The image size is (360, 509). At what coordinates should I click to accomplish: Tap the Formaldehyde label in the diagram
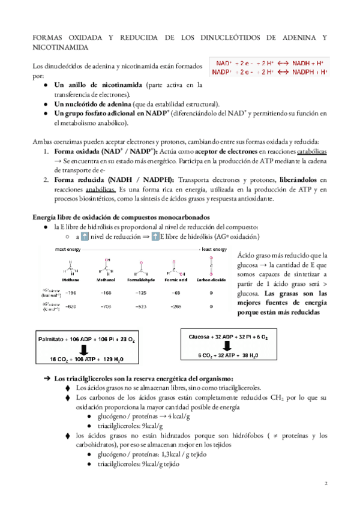pyautogui.click(x=139, y=263)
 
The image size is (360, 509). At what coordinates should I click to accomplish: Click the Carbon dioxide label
pyautogui.click(x=209, y=263)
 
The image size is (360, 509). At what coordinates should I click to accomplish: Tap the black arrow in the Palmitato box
pyautogui.click(x=83, y=350)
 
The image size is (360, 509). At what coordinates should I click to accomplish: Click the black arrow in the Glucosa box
pyautogui.click(x=231, y=346)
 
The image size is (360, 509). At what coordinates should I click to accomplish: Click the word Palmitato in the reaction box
pyautogui.click(x=51, y=340)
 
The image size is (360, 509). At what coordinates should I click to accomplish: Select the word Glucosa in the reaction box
pyautogui.click(x=200, y=337)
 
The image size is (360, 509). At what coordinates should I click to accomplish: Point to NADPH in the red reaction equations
pyautogui.click(x=304, y=72)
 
